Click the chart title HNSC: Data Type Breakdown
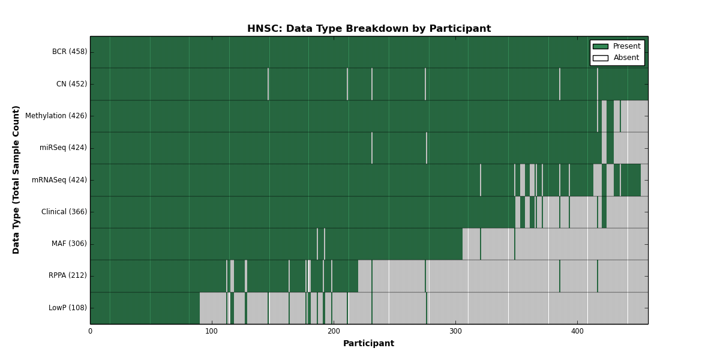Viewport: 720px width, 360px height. pyautogui.click(x=369, y=29)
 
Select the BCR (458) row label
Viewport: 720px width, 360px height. pyautogui.click(x=70, y=52)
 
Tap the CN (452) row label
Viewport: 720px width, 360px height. pyautogui.click(x=71, y=84)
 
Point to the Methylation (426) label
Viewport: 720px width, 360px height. pyautogui.click(x=56, y=116)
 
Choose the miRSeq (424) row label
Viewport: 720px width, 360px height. pyautogui.click(x=63, y=148)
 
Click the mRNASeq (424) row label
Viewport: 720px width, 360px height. pyautogui.click(x=59, y=179)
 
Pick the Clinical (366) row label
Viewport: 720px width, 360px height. pyautogui.click(x=64, y=212)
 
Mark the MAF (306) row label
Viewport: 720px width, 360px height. pyautogui.click(x=69, y=244)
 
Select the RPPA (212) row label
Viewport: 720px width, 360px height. pyautogui.click(x=67, y=275)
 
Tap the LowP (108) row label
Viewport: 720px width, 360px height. pyautogui.click(x=67, y=308)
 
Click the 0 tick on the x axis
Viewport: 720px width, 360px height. pyautogui.click(x=91, y=331)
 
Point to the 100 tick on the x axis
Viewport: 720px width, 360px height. pyautogui.click(x=212, y=331)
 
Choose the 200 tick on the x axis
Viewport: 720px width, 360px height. pyautogui.click(x=334, y=331)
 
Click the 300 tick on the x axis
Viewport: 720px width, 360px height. pyautogui.click(x=455, y=331)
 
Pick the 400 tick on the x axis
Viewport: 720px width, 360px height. pyautogui.click(x=577, y=331)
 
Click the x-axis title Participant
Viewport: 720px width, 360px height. pyautogui.click(x=368, y=344)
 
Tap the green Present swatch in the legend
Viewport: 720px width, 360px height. pyautogui.click(x=601, y=47)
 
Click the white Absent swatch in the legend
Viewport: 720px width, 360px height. pyautogui.click(x=601, y=58)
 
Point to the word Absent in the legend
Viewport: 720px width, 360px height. pyautogui.click(x=626, y=58)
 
